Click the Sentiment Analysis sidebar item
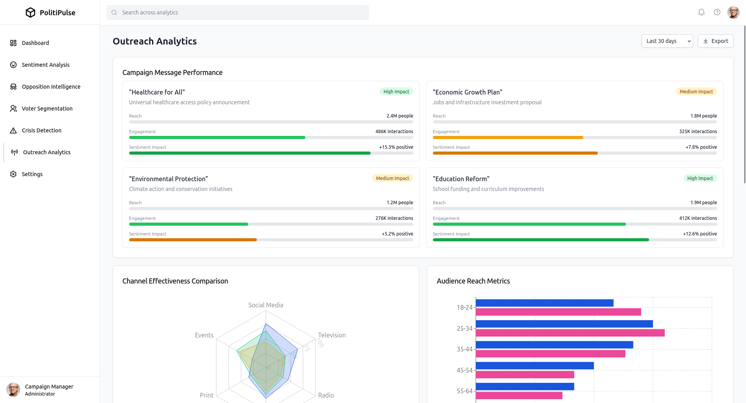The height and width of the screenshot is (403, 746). (45, 65)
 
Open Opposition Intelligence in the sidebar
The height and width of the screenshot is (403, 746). (51, 87)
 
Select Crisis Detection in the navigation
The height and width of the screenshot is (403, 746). (41, 130)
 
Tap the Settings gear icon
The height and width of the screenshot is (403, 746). (13, 174)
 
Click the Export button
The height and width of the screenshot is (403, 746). (716, 41)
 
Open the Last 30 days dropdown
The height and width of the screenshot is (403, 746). (667, 41)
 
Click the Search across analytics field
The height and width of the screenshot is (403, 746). (238, 12)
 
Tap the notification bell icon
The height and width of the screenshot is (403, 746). (701, 12)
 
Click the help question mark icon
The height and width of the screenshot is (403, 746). (717, 12)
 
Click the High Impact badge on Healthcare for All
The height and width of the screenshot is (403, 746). (396, 92)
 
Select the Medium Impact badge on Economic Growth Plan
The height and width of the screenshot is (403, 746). (696, 92)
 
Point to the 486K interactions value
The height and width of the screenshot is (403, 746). (394, 132)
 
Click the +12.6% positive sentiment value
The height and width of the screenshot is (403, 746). (700, 234)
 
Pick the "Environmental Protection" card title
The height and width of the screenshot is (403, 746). (169, 179)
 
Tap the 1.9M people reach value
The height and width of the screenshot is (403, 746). (703, 203)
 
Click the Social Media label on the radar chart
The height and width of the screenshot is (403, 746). (265, 305)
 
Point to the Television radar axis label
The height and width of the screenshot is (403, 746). (332, 335)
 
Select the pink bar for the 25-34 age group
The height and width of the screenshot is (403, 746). (570, 333)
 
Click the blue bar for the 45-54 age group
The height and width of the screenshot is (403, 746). (534, 366)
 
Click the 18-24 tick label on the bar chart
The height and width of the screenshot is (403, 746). (464, 307)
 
